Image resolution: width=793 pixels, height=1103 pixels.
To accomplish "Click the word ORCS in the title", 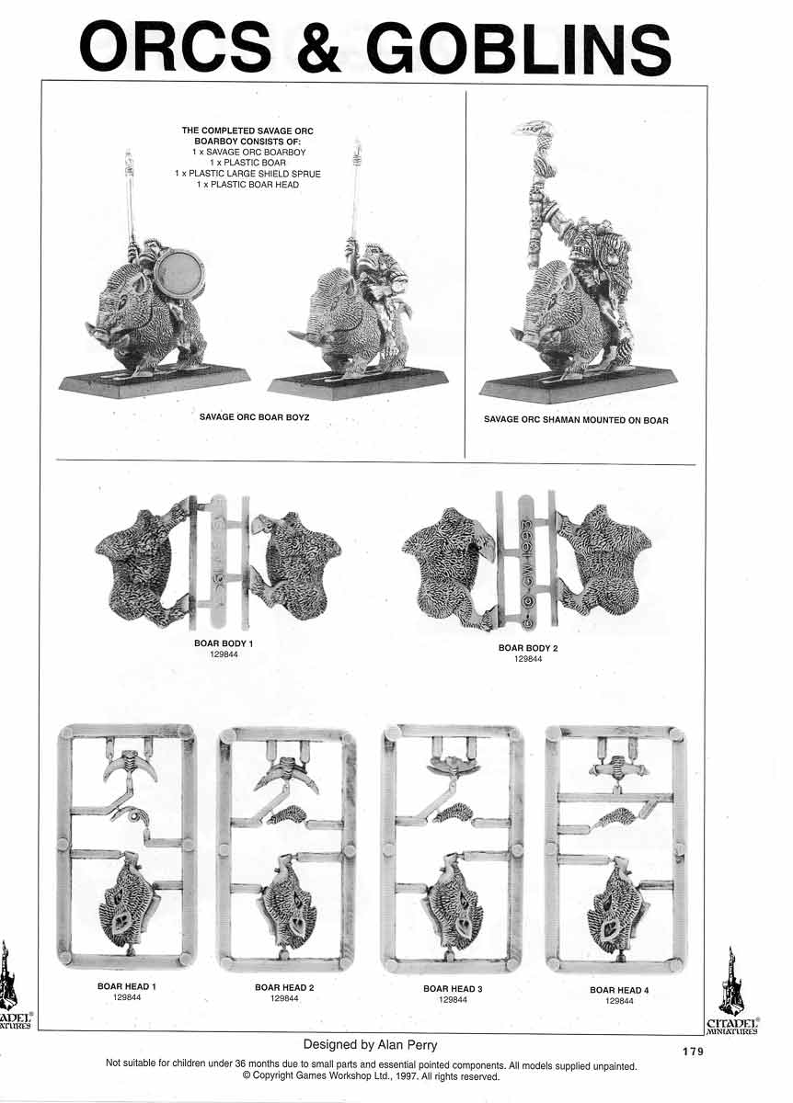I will pos(176,47).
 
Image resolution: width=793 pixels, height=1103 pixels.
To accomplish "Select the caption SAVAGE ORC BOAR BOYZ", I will pos(254,416).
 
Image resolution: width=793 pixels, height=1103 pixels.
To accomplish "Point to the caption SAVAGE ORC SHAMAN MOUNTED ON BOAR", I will pos(576,420).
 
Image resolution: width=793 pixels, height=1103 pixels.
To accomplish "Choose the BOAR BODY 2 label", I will pos(528,648).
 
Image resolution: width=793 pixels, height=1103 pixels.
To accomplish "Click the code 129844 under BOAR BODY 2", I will pos(528,659).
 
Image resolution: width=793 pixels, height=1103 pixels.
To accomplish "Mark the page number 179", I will pos(694,1052).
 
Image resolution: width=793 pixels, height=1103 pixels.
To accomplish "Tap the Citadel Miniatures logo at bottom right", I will pos(732,993).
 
